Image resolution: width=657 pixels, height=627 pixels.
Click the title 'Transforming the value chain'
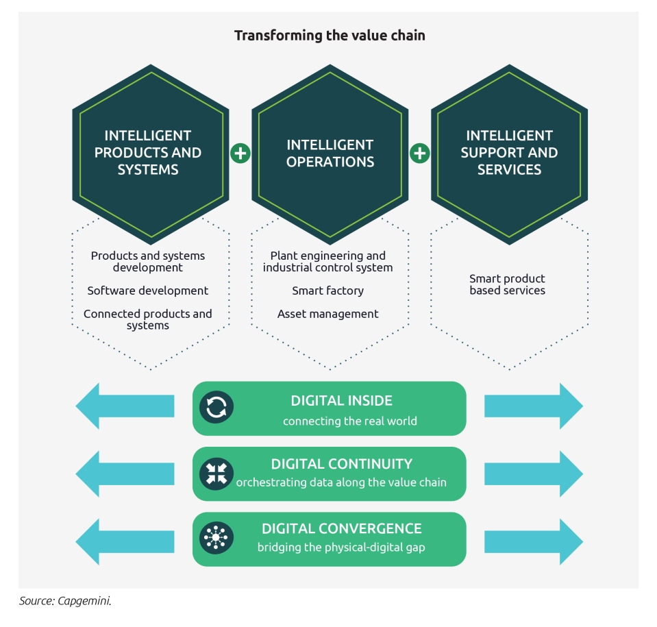tap(330, 36)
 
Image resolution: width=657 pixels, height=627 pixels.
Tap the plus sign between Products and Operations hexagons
tap(240, 153)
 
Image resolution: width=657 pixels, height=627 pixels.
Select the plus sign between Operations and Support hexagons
tap(420, 153)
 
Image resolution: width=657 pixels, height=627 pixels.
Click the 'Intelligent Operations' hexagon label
tap(330, 153)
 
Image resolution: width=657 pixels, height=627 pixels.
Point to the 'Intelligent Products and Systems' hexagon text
tap(148, 153)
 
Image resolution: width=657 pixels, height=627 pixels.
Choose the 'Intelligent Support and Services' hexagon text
tap(509, 153)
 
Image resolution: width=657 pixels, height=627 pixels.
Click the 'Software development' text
tap(147, 291)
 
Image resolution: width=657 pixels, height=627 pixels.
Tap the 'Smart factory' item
tap(327, 291)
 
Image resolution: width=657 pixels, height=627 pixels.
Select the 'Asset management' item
tap(327, 314)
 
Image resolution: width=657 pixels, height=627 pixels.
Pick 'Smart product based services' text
tap(508, 284)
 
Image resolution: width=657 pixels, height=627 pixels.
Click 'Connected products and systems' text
tap(147, 319)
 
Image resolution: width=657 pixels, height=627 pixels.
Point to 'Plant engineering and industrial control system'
tap(327, 262)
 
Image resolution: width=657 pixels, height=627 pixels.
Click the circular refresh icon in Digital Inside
tap(216, 407)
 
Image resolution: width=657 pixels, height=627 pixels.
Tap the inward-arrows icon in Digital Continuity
tap(216, 474)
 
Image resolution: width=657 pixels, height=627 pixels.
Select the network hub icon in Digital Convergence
tap(216, 538)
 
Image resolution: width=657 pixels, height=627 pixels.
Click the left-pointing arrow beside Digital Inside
tap(125, 406)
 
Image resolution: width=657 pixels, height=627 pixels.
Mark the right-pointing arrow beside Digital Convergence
tap(534, 541)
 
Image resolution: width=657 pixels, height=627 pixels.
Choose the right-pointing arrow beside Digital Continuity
tap(534, 474)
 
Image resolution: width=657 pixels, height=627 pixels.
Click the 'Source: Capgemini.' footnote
tap(65, 601)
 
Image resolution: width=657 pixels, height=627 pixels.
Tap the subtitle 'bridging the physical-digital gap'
tap(341, 548)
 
